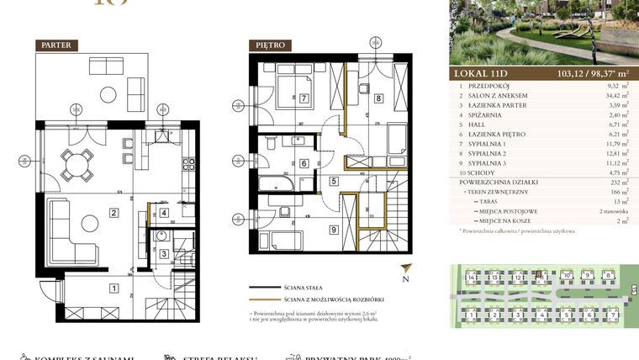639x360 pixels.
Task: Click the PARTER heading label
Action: tap(57, 45)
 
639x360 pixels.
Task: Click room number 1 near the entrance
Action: tap(114, 289)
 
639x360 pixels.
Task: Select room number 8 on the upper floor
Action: tap(379, 98)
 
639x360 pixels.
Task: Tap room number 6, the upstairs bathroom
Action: tap(304, 163)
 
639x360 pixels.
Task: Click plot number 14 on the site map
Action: tap(473, 275)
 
